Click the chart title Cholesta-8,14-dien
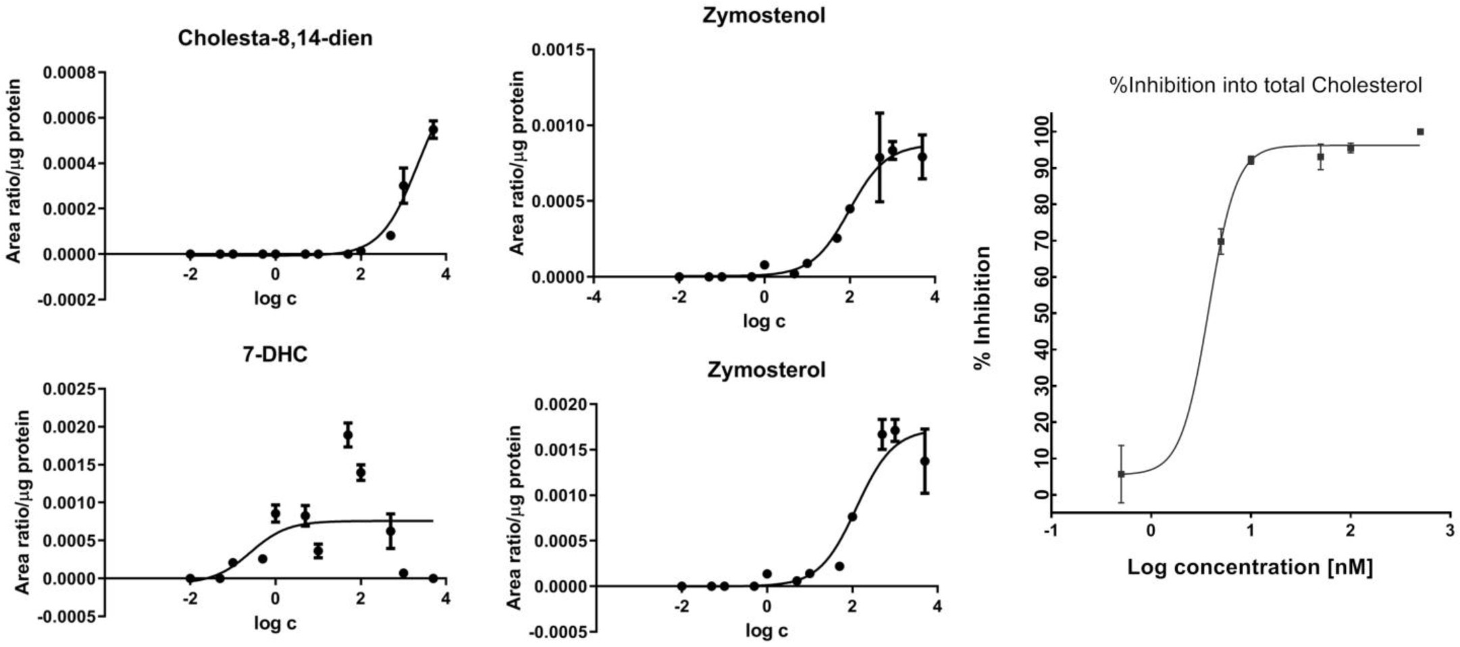[275, 38]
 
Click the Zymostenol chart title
[764, 15]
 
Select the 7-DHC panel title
[275, 355]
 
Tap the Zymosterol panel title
[766, 370]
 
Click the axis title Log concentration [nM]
[1249, 567]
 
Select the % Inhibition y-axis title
[983, 307]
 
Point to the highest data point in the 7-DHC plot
[348, 435]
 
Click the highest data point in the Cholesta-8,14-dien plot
[433, 129]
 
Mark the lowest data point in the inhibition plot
[1121, 474]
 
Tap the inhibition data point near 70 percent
[1220, 241]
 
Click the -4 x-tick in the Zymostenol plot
[594, 297]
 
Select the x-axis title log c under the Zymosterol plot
[766, 631]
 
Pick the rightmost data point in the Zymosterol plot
[924, 461]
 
